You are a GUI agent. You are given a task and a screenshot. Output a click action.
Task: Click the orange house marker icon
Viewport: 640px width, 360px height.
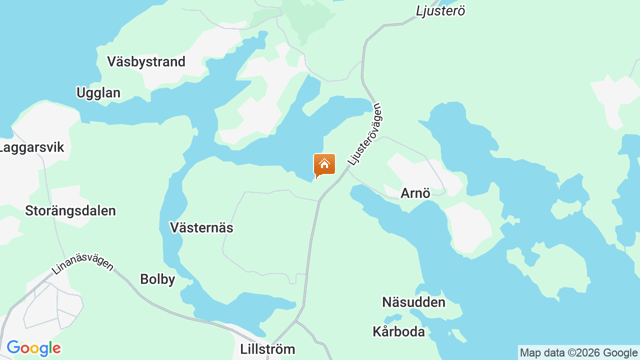(x=324, y=165)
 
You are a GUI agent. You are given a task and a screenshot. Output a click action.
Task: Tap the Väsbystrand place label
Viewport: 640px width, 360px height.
(x=146, y=62)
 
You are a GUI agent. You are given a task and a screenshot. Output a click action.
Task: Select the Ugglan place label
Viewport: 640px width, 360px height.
(x=98, y=93)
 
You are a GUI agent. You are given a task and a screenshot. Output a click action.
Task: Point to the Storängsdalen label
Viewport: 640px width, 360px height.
(x=70, y=211)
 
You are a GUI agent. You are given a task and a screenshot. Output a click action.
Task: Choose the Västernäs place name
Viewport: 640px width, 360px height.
(x=201, y=228)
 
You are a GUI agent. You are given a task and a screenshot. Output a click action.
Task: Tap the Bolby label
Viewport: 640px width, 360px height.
(x=157, y=279)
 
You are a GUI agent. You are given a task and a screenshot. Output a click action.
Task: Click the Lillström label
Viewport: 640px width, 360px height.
(x=267, y=349)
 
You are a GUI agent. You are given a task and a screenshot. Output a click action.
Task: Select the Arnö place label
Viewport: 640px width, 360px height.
(x=415, y=193)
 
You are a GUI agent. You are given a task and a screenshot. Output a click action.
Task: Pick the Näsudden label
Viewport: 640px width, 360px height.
(x=413, y=302)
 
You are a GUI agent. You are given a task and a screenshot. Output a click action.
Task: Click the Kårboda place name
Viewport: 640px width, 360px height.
(x=398, y=332)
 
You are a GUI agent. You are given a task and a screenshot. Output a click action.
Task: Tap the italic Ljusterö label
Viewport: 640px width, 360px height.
(x=440, y=11)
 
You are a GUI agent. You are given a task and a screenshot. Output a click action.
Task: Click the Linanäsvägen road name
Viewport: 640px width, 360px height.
(x=82, y=260)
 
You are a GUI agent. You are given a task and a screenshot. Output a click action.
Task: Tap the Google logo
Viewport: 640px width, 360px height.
(x=33, y=348)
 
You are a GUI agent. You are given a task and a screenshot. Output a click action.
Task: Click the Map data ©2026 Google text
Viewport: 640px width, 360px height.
(x=578, y=353)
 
